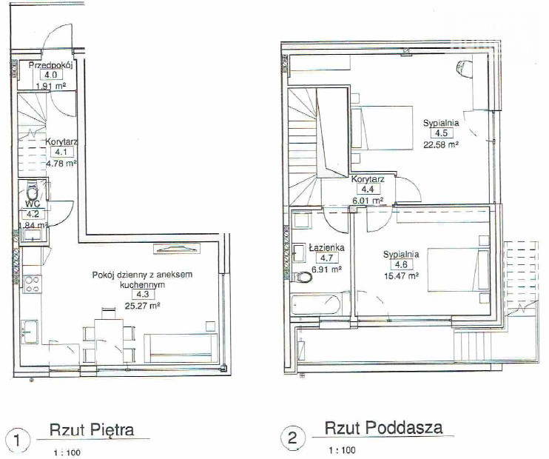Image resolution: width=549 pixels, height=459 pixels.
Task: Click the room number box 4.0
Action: [x=51, y=75]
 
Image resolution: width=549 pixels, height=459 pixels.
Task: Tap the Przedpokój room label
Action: [x=50, y=65]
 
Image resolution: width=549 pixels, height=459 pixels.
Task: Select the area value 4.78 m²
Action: [x=61, y=164]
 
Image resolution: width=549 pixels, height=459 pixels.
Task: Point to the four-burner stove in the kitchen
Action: [x=33, y=284]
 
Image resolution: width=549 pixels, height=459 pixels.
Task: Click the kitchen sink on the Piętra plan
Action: [x=30, y=329]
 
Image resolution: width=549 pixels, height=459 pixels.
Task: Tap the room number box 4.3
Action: [x=143, y=295]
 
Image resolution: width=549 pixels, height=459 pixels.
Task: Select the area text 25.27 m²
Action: [x=142, y=306]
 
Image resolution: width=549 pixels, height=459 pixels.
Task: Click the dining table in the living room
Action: [x=109, y=341]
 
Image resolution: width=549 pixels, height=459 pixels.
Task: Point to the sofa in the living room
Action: [x=181, y=348]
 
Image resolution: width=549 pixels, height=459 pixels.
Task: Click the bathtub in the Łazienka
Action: [x=315, y=305]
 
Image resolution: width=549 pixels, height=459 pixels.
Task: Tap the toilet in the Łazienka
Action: [x=303, y=278]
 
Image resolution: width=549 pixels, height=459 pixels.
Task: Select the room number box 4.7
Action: [x=327, y=258]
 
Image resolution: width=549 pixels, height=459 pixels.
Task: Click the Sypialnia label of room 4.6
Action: [x=401, y=254]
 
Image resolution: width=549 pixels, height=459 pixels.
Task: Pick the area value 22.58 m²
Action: [x=441, y=144]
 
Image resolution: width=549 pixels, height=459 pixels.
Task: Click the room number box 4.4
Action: [x=368, y=190]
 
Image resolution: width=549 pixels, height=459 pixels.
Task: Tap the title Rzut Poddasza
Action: [x=383, y=428]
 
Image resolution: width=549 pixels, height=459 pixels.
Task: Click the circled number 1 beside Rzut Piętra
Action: [x=17, y=440]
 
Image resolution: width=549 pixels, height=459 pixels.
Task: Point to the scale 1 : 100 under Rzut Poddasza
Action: [x=342, y=450]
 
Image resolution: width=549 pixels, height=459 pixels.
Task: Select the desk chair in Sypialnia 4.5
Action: [x=464, y=67]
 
